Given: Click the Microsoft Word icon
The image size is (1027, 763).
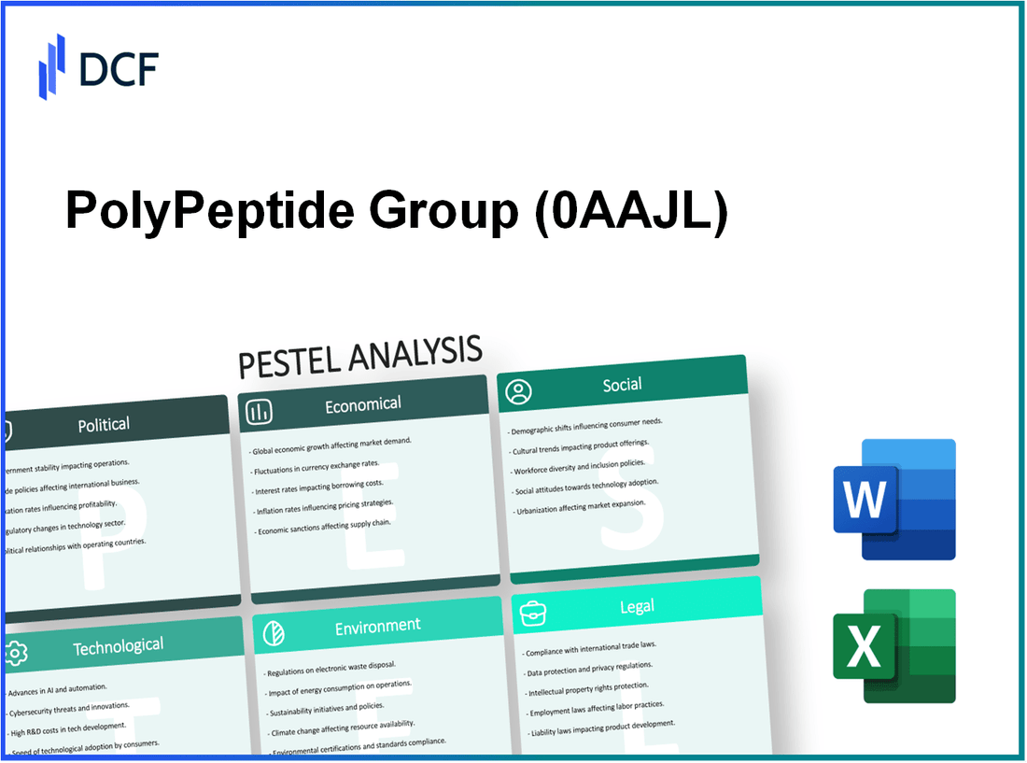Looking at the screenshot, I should point(893,500).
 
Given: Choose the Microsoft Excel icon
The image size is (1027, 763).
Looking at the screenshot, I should point(893,645).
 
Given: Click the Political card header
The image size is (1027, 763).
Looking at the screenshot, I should point(104,425).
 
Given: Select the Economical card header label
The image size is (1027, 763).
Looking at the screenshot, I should point(362,404).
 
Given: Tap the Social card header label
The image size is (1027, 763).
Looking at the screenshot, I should point(622,384).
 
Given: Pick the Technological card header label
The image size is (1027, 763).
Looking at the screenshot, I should point(118,646).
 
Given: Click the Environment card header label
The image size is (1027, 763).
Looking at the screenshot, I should point(377,626).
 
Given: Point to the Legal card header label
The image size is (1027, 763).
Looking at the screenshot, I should point(637,607).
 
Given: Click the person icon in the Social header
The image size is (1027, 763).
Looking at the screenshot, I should point(518,391).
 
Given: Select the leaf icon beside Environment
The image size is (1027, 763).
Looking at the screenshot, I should point(274,632).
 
